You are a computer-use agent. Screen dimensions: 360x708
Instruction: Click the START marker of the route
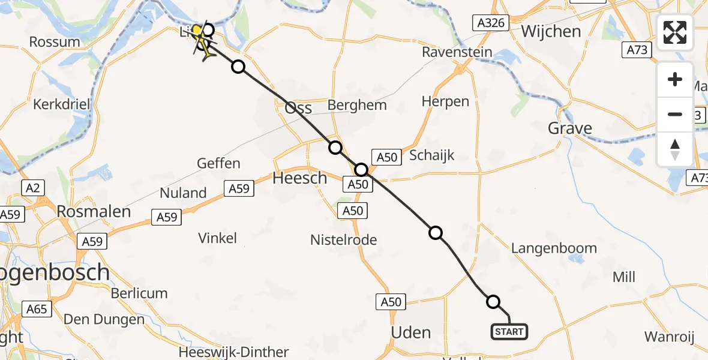(509, 331)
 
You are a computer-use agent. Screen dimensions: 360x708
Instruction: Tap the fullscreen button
(675, 32)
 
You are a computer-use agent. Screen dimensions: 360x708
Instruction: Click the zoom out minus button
(675, 114)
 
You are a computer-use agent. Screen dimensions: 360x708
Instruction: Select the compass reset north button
(675, 149)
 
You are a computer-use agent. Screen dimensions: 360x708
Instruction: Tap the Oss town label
(298, 108)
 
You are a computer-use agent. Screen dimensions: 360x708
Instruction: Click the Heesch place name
(300, 178)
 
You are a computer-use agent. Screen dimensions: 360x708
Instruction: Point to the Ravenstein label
(457, 52)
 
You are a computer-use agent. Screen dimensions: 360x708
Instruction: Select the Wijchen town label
(551, 31)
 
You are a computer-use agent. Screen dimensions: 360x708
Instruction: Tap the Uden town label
(410, 332)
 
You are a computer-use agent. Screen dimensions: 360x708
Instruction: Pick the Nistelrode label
(343, 240)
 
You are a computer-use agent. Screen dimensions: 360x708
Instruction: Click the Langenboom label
(554, 248)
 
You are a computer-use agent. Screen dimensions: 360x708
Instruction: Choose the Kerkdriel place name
(62, 104)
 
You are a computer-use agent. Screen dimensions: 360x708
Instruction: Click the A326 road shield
(490, 23)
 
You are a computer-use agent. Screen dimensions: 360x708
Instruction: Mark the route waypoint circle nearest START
(493, 302)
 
